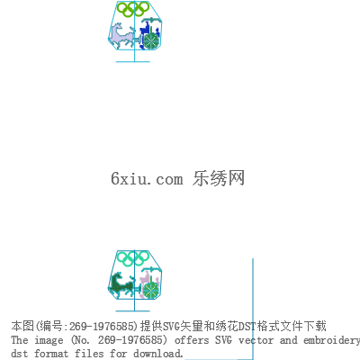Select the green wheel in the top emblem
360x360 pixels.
[x=150, y=40]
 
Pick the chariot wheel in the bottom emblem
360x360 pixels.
[x=150, y=290]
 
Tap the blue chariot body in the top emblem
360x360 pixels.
[x=147, y=30]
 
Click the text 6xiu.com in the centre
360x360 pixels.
[x=147, y=178]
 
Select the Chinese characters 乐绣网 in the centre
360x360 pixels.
[x=219, y=178]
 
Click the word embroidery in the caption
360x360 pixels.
[x=331, y=341]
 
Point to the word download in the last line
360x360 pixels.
[x=157, y=353]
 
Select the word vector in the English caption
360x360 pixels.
[x=256, y=340]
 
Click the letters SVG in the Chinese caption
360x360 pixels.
[x=171, y=326]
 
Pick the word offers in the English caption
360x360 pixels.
[x=192, y=340]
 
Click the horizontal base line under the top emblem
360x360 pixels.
[x=133, y=62]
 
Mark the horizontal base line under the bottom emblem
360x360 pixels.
[x=133, y=311]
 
